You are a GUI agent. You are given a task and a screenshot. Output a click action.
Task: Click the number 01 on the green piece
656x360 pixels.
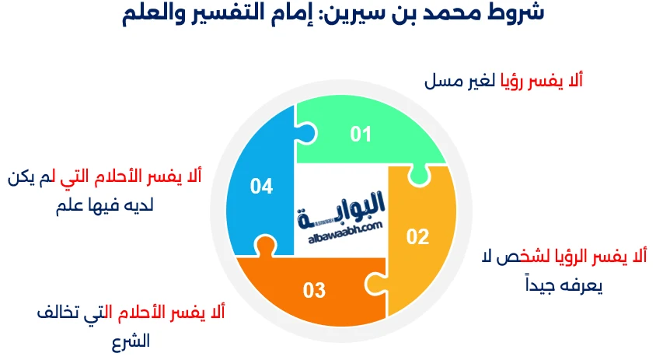pyautogui.click(x=361, y=135)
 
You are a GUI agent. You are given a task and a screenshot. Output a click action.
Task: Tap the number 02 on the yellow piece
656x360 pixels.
pyautogui.click(x=417, y=237)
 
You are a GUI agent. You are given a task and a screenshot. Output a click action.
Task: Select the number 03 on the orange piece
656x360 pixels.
pyautogui.click(x=314, y=291)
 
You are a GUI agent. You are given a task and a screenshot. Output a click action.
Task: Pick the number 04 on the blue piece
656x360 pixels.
pyautogui.click(x=261, y=187)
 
